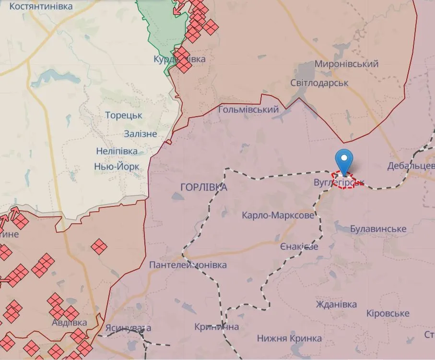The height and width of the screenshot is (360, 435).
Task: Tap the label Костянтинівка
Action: pos(41,6)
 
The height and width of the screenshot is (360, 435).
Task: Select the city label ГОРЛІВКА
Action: pos(204,187)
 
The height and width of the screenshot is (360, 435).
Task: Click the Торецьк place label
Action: pos(124,116)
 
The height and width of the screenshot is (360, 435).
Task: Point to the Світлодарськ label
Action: pos(319,83)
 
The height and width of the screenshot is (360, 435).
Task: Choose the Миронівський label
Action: pos(346,63)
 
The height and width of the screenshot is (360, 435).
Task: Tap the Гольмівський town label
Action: pos(248,109)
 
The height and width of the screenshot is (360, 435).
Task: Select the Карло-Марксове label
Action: pos(278,216)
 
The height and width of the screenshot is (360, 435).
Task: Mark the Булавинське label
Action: pos(378,228)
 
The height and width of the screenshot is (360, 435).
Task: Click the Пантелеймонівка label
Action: pos(188,265)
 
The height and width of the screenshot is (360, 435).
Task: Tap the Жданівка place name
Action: pos(336,304)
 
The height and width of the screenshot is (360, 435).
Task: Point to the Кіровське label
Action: pos(388,313)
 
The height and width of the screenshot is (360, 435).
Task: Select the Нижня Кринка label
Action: pos(289,338)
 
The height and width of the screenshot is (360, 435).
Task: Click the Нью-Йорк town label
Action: pos(117,167)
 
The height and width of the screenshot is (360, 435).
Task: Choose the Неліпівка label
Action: pos(117,151)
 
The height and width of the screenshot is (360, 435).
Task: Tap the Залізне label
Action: pos(140,134)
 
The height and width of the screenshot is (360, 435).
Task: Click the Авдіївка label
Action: pos(70,322)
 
